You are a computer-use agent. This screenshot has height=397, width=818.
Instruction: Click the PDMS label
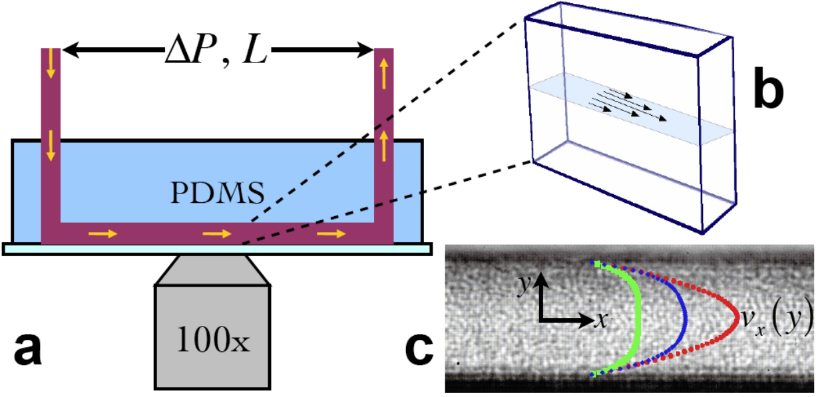coord(218,193)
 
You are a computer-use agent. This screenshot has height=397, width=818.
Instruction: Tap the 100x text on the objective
coord(213,340)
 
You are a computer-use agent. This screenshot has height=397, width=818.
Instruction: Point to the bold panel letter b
coord(769,88)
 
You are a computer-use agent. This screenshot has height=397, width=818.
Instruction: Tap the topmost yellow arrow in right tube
coord(383,74)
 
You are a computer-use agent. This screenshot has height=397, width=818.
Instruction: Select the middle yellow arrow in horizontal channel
coord(217,233)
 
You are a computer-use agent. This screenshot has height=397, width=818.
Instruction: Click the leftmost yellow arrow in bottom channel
coord(103,233)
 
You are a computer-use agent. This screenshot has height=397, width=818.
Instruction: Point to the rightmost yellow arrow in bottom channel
coord(331,233)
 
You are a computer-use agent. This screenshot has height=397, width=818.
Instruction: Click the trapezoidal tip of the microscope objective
coord(213,270)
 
